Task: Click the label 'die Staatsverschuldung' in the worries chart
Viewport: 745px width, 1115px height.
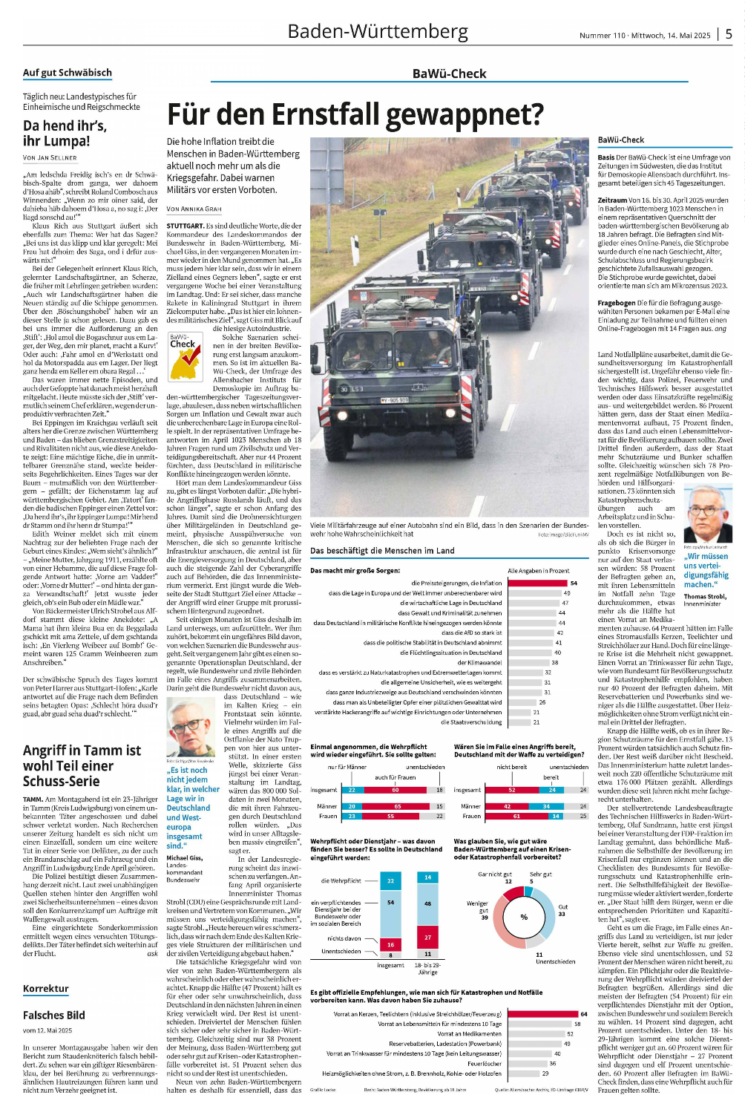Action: point(471,722)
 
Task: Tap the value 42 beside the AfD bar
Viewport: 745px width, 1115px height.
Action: point(560,632)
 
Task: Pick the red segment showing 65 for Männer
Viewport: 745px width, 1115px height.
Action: point(397,806)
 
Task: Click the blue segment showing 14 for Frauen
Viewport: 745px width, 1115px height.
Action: point(555,816)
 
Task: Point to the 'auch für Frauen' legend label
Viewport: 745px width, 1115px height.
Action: point(395,777)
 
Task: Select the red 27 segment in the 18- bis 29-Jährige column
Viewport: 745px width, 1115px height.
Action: point(427,938)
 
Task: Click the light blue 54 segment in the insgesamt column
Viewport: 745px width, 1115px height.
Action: point(390,903)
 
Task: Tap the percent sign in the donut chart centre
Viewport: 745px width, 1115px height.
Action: point(524,917)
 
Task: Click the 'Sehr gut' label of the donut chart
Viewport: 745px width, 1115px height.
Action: point(540,874)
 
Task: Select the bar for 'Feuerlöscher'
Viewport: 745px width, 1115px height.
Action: point(527,1063)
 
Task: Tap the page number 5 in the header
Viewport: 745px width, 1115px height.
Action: point(729,34)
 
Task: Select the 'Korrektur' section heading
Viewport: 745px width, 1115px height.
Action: point(46,989)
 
